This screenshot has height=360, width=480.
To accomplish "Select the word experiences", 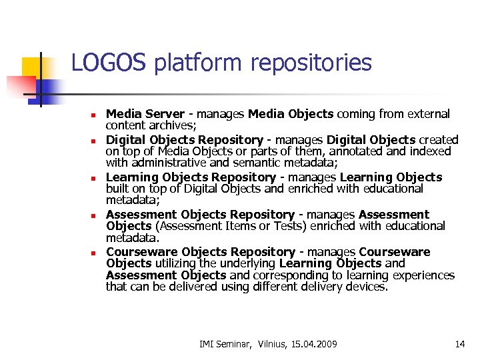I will tap(424, 275).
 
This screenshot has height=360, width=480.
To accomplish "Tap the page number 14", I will tap(459, 344).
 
